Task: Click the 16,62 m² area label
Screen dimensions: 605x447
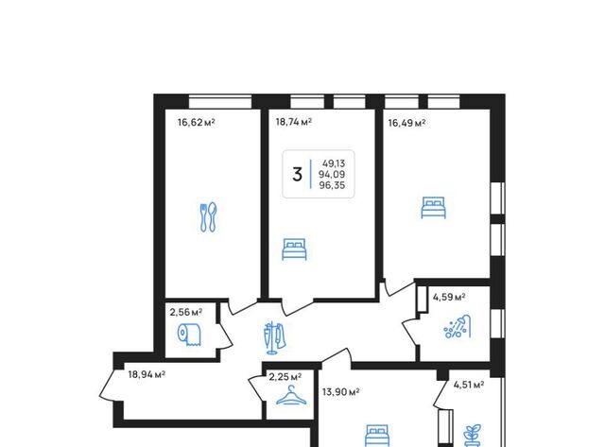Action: tap(196, 123)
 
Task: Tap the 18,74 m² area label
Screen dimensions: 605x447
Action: tap(294, 122)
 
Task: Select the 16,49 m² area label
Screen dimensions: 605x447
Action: tap(406, 123)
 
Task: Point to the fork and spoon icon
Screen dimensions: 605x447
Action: tap(208, 217)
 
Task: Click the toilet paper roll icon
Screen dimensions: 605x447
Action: tap(189, 335)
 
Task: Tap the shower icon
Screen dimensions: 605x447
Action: tap(458, 327)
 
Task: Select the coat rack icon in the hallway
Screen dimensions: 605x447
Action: tap(274, 337)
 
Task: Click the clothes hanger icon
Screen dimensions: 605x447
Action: tap(292, 395)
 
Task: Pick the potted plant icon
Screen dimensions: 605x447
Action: tap(473, 436)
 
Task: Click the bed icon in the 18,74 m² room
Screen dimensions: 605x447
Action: tap(294, 249)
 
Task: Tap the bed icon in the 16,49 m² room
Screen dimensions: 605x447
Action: tap(433, 208)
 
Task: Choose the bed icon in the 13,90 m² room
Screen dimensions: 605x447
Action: tap(377, 436)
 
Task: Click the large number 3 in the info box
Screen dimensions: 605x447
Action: tap(297, 174)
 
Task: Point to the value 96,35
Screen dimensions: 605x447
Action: tap(332, 185)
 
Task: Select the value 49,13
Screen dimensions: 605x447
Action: tap(334, 163)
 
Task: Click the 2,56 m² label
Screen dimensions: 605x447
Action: tap(186, 312)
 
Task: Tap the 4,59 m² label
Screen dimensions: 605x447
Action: tap(449, 298)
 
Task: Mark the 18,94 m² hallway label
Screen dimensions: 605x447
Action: tap(147, 374)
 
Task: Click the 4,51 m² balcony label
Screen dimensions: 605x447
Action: tap(469, 385)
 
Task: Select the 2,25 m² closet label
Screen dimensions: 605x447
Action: tap(285, 376)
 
